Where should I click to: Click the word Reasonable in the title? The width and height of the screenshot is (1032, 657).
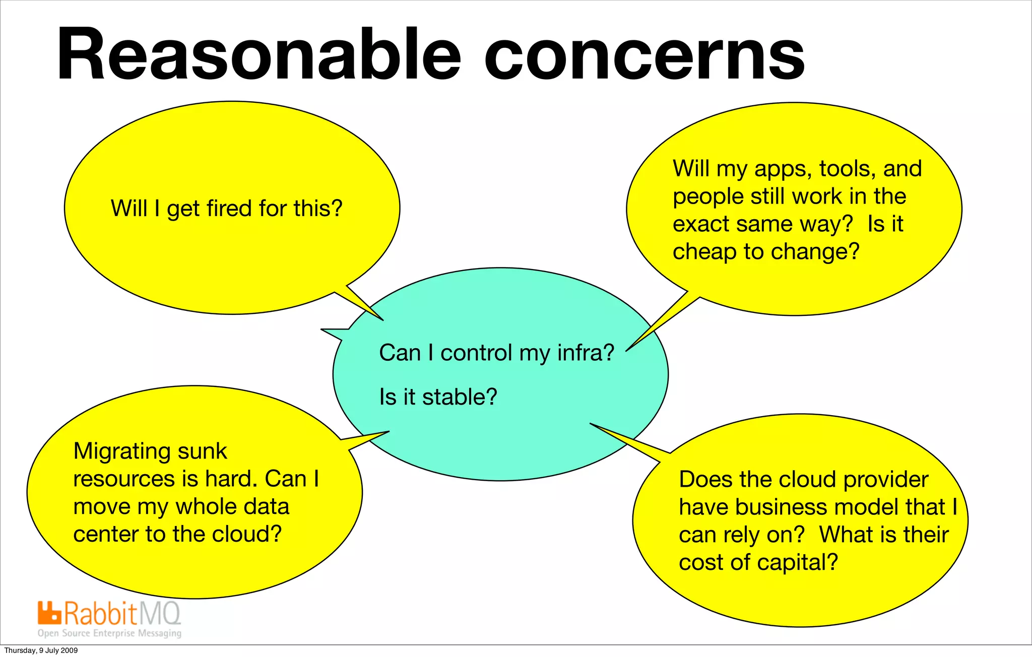pos(259,54)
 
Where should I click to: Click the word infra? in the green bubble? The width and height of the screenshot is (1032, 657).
pos(586,353)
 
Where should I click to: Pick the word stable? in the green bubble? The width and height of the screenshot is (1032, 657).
pos(460,397)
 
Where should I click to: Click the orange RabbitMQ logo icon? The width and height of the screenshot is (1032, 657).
pos(49,613)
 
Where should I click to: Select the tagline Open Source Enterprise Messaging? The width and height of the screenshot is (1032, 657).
pos(109,633)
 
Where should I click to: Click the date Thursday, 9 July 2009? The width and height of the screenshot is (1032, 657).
pos(41,650)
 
